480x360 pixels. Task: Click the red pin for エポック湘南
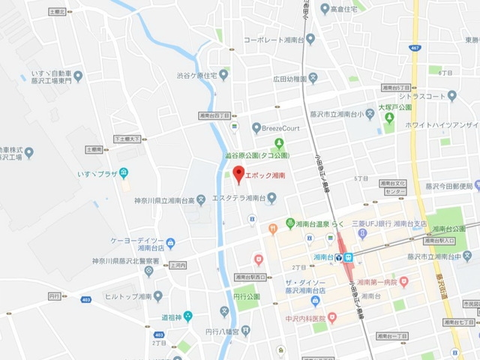point(239,174)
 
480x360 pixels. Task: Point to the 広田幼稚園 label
point(290,77)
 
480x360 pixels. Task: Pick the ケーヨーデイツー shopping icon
point(171,242)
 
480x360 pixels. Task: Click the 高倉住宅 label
point(346,9)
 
